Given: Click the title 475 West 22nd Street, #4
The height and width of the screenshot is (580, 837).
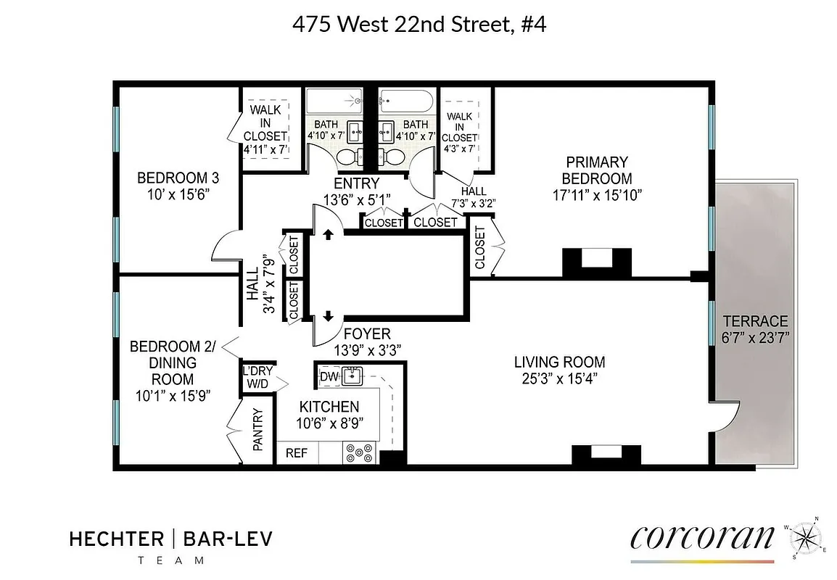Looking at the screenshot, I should (418, 25).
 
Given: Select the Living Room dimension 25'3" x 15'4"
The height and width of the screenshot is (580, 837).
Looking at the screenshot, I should (559, 378).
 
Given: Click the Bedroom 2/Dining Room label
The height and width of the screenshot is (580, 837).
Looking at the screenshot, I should (173, 362).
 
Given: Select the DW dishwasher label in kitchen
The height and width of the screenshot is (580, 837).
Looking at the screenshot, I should (329, 377).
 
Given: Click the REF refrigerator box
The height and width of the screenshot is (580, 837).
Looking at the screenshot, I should (297, 453).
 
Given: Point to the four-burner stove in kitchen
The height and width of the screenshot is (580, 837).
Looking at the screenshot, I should (359, 453).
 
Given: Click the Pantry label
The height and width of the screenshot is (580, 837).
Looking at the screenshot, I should (258, 431).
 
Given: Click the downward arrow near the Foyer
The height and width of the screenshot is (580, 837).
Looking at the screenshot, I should (328, 316).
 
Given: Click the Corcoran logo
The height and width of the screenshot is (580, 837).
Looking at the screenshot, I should (703, 538).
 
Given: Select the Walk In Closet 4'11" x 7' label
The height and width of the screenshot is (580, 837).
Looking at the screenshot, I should (265, 130).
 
